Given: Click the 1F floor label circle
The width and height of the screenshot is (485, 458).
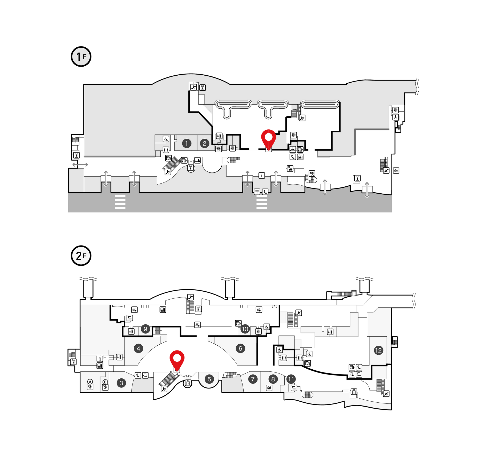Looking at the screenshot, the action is [x=81, y=57].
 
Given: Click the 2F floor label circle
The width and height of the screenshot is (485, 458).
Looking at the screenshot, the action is [x=81, y=256].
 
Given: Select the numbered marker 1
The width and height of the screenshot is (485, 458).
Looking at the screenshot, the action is [x=187, y=144].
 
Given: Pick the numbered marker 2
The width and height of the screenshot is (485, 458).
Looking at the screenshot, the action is [x=204, y=144].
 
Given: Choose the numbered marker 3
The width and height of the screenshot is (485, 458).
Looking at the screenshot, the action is [x=121, y=383].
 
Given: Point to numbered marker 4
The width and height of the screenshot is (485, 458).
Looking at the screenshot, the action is [x=138, y=348].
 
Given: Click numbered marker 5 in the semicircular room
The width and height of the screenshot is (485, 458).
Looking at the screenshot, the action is [x=209, y=379].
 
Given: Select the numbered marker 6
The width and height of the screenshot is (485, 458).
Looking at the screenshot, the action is [x=240, y=348].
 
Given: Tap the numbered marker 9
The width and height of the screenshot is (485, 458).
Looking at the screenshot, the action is [x=145, y=329].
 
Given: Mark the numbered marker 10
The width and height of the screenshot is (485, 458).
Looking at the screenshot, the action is [x=245, y=329].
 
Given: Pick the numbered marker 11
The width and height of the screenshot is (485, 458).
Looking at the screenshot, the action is [x=291, y=379].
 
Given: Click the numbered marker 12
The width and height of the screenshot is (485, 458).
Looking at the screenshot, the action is [x=378, y=350].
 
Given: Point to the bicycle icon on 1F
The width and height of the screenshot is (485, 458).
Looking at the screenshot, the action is [x=396, y=171].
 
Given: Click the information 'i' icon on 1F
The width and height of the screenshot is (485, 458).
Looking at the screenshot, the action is [x=262, y=175].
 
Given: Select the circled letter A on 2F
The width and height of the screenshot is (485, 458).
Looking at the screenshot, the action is [x=90, y=382].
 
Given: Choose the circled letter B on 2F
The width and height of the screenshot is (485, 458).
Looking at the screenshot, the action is [x=105, y=382].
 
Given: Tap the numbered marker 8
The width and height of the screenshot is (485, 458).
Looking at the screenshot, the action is [x=273, y=379].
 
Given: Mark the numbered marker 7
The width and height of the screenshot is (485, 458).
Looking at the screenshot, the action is [x=253, y=379].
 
